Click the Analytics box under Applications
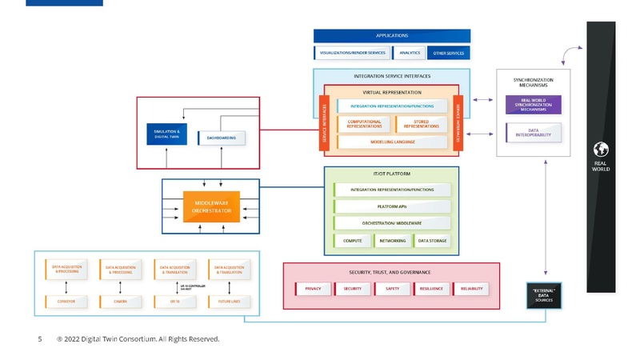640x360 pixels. pos(410,53)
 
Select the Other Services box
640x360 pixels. pos(448,53)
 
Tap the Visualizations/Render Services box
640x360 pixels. pos(352,53)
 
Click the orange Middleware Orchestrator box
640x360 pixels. pos(212,206)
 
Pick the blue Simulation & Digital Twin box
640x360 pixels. pos(166,134)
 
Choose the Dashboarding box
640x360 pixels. pos(222,138)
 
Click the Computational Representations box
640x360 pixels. pos(364,124)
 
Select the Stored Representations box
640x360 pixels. pos(421,124)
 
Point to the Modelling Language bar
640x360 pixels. pos(392,142)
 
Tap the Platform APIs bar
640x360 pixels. pos(393,206)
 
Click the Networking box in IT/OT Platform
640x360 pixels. pos(392,241)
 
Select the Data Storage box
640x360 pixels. pos(432,241)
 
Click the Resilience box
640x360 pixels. pos(432,289)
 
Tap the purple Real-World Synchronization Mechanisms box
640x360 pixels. pos(533,105)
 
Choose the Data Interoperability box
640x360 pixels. pos(533,133)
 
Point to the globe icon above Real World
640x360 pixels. pos(600,150)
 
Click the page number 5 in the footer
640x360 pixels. pos(40,339)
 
